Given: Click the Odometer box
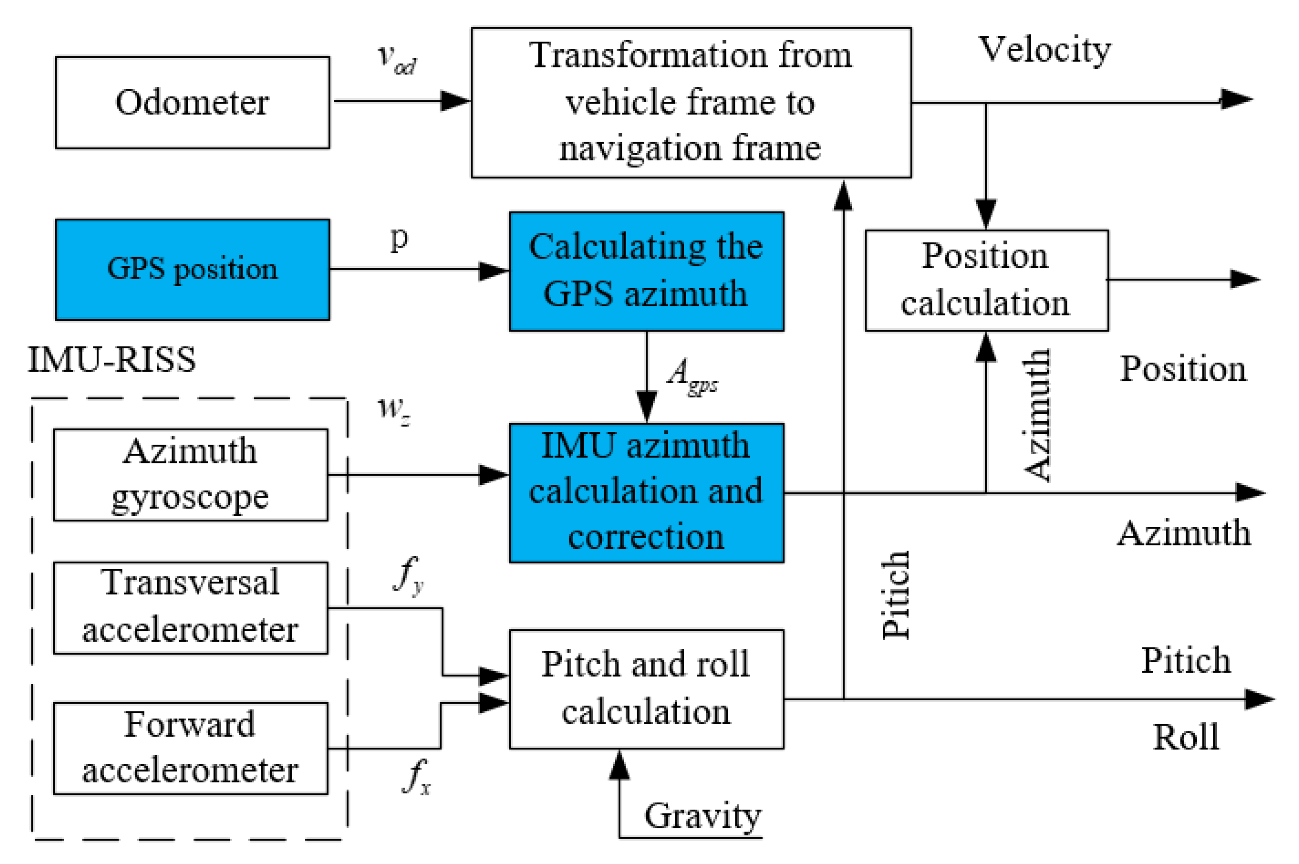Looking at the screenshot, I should (192, 103).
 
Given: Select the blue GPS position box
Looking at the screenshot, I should (192, 269).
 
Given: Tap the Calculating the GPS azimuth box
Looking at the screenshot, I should (646, 271).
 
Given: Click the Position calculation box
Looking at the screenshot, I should (986, 280).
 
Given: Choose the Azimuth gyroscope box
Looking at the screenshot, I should (190, 474).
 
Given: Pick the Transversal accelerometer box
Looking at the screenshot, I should (190, 607).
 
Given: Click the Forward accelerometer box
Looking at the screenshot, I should (190, 748).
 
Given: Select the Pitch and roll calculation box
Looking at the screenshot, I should (646, 689).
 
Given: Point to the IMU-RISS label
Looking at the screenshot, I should (112, 360).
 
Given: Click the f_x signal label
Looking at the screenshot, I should (416, 777).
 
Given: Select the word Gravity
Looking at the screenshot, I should (702, 816).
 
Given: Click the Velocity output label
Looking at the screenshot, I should (1044, 50).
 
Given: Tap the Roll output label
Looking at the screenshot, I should (1186, 737).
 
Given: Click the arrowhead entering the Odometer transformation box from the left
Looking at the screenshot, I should (455, 101).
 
